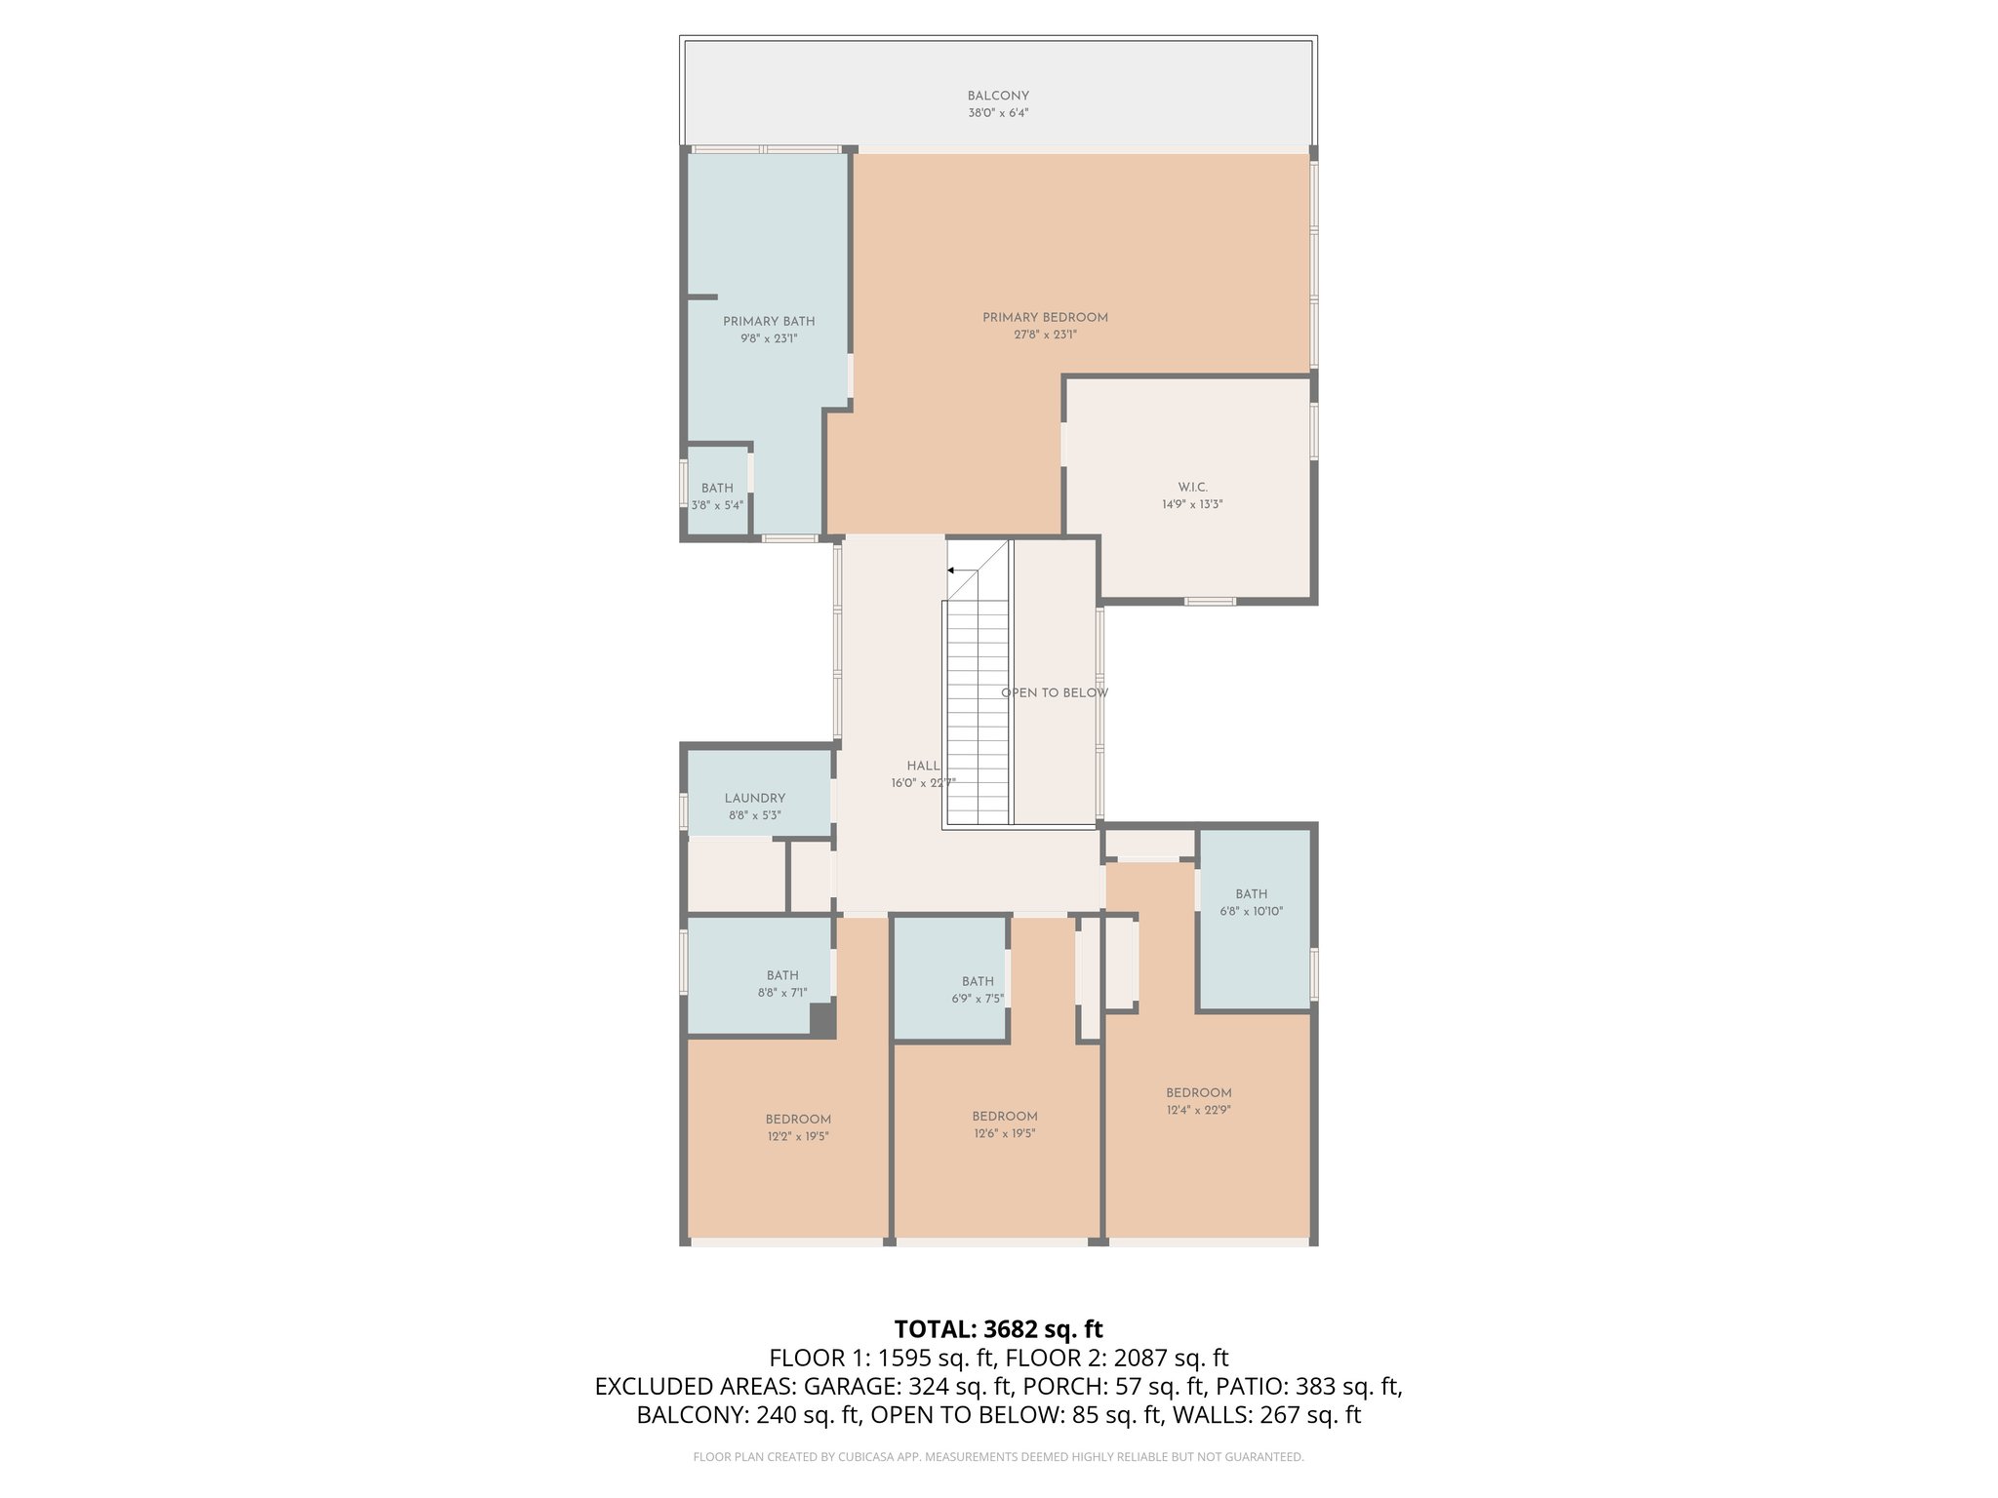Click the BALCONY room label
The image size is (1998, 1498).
998,96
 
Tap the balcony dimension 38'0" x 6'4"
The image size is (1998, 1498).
998,113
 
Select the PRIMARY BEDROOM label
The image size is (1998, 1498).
1045,317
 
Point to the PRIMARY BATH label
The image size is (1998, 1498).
769,321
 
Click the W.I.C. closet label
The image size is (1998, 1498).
1192,487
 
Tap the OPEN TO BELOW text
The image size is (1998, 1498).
1055,693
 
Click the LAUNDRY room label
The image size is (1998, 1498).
755,798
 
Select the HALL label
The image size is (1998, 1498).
923,766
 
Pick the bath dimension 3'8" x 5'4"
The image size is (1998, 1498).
717,505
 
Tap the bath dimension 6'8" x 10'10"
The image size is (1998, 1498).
1252,912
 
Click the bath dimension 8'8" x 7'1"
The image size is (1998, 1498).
782,993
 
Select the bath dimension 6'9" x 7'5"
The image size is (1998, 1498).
978,999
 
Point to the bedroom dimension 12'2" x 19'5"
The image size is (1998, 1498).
798,1136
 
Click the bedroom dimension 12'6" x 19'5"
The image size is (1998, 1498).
1005,1133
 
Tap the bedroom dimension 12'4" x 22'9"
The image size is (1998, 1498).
1199,1110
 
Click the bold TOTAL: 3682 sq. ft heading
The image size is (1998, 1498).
999,1329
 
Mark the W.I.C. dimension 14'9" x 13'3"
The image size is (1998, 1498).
1192,505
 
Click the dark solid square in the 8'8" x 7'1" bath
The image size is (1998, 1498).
823,1019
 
